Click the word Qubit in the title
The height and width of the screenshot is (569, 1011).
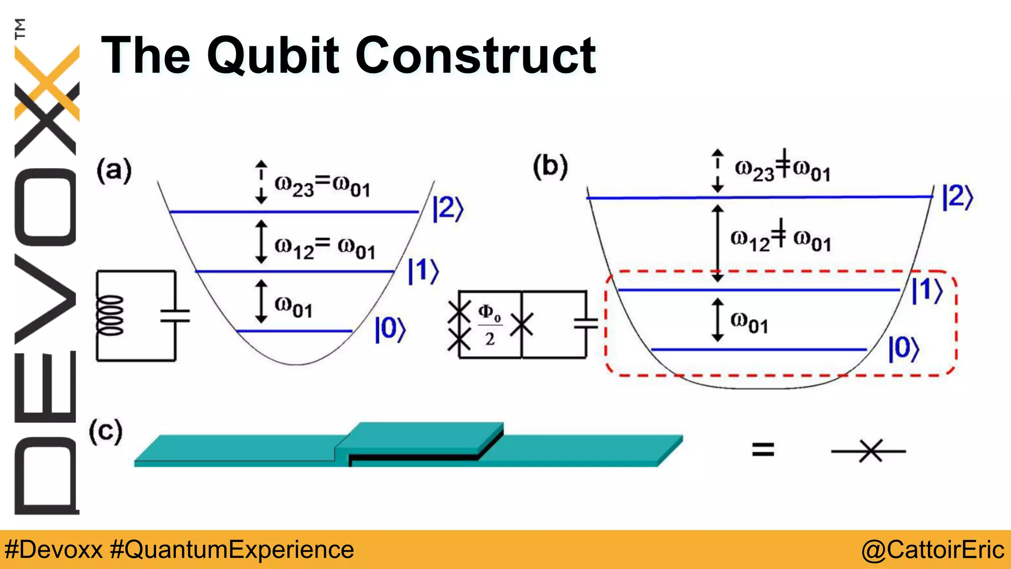(273, 55)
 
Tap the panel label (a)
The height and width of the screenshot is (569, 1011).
(114, 170)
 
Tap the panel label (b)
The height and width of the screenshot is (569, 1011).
(550, 166)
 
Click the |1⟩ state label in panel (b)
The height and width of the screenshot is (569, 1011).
(927, 290)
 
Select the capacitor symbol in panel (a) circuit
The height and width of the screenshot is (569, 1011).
(175, 316)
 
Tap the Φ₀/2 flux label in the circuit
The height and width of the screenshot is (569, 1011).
(489, 325)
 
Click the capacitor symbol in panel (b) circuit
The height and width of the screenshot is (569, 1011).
(586, 324)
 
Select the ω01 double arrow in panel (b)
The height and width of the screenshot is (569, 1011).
(718, 320)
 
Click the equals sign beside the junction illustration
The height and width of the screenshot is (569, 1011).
(763, 449)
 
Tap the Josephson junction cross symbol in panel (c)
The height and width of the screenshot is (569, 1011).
(870, 451)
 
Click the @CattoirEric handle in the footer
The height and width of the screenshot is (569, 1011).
(932, 550)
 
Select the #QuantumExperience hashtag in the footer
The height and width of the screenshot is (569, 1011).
(232, 550)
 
